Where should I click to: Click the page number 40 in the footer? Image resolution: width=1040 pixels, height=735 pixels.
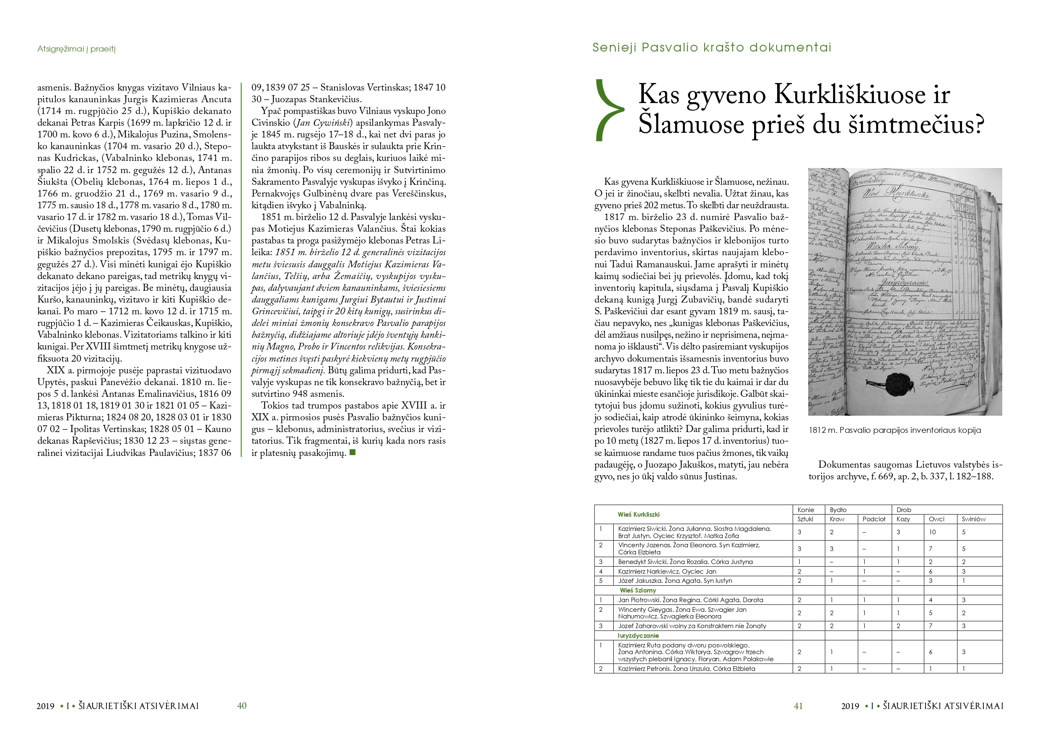click(x=242, y=706)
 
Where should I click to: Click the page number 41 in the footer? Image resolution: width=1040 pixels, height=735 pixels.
click(x=798, y=706)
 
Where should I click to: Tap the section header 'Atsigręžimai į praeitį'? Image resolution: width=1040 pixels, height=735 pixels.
click(x=77, y=49)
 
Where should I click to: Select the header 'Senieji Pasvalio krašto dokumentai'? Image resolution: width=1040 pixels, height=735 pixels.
click(x=712, y=47)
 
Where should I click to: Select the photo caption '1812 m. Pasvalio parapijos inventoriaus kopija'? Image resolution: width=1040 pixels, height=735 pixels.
click(x=895, y=430)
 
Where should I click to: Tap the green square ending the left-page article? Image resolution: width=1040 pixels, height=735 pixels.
click(x=353, y=453)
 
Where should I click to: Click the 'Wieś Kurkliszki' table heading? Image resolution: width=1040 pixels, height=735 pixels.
click(x=639, y=515)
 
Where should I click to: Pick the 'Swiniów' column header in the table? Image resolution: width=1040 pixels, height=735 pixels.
click(x=973, y=519)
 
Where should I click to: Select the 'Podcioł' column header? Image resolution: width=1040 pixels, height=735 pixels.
click(x=874, y=519)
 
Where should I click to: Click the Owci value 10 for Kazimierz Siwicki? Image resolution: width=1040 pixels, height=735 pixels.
click(x=932, y=532)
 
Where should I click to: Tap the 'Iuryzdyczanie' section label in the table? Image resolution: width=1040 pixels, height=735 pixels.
click(x=638, y=636)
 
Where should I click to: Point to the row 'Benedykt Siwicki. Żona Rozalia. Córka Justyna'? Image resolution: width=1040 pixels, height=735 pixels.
click(x=685, y=562)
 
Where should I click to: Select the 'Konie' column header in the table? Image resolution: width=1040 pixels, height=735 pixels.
click(x=806, y=510)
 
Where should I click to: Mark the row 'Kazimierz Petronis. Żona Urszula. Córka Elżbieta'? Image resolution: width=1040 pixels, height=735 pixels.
click(x=687, y=668)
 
